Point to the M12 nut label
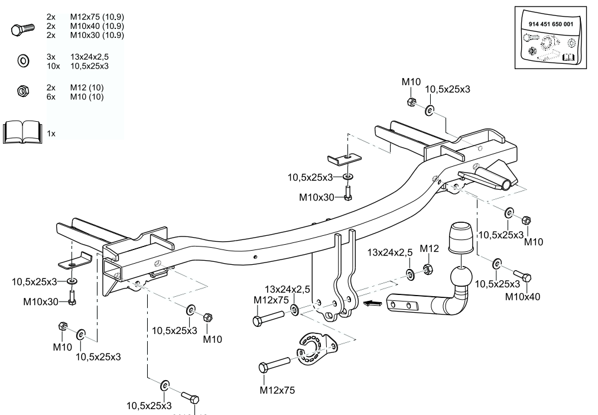pos(430,249)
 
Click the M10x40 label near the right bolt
pos(521,297)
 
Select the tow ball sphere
pos(461,278)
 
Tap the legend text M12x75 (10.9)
pos(96,18)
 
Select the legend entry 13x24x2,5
pos(89,56)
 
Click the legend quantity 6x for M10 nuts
pos(51,96)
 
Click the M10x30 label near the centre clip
pos(316,197)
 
